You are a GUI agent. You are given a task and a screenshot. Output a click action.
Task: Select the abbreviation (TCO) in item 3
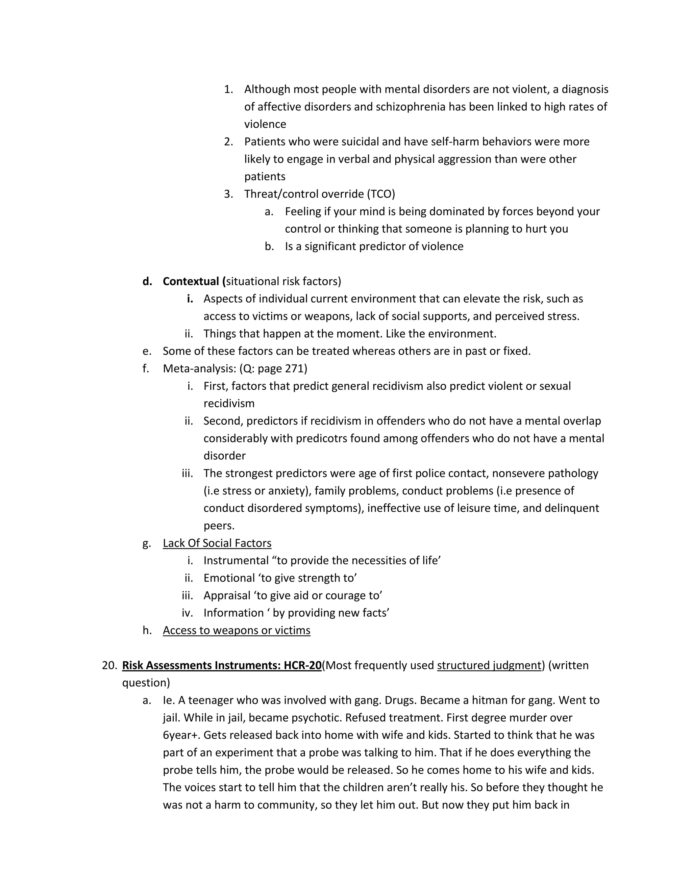pyautogui.click(x=381, y=194)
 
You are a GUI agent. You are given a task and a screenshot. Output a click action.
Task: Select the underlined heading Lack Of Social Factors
pyautogui.click(x=217, y=543)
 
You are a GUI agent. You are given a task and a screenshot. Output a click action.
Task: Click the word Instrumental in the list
pyautogui.click(x=236, y=560)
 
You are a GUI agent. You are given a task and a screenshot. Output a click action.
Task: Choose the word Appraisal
pyautogui.click(x=227, y=595)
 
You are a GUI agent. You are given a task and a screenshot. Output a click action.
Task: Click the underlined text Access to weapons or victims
pyautogui.click(x=237, y=630)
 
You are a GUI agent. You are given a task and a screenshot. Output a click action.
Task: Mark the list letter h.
pyautogui.click(x=147, y=630)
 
